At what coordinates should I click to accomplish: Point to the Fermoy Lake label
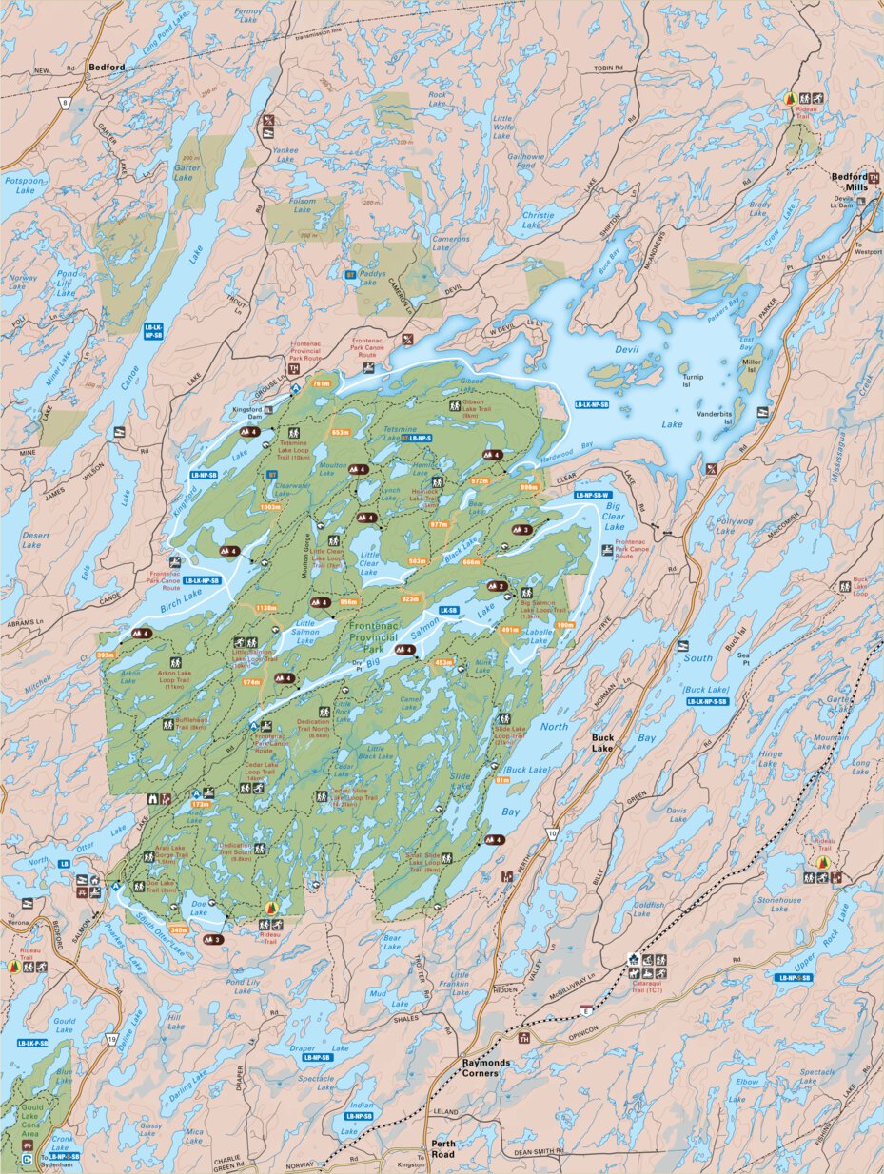tap(247, 15)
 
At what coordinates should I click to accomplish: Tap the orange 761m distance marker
tap(321, 383)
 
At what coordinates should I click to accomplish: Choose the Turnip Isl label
tap(692, 382)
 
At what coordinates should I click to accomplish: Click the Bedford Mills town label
tap(849, 182)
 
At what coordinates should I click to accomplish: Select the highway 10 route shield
tap(552, 834)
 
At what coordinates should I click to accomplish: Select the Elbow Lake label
tap(748, 1086)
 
